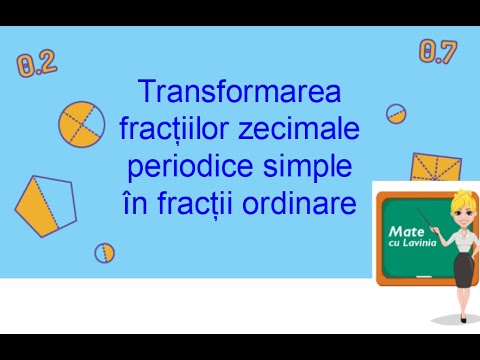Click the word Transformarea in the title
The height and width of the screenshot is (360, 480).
240,93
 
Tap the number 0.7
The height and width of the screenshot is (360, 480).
437,52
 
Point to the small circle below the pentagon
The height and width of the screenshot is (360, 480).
104,252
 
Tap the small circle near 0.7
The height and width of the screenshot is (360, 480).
396,113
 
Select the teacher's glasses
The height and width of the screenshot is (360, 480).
462,210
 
